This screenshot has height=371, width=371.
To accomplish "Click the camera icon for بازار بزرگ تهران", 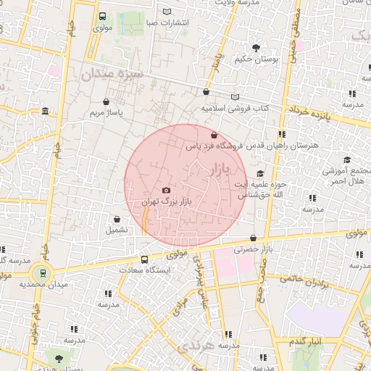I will pos(166,190).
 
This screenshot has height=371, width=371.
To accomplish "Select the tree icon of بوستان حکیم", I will pos(256,48).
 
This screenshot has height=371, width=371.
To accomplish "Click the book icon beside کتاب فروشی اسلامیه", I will pos(234,96).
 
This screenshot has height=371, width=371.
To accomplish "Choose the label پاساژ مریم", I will pos(107,114).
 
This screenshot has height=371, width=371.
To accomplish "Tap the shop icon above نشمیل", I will pos(117,219).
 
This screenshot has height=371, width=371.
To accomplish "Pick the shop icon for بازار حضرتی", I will pos(253,238).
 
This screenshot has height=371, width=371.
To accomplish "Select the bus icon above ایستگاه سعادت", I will pos(144,259).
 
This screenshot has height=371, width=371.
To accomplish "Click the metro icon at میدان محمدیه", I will pos(43,273).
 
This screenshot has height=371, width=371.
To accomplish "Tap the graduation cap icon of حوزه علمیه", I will pos(260,173).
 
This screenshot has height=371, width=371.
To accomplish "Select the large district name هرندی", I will pos(199,346).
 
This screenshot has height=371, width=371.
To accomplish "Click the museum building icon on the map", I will pos(46,112).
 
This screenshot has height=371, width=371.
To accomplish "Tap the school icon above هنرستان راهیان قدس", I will pos(281,134).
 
